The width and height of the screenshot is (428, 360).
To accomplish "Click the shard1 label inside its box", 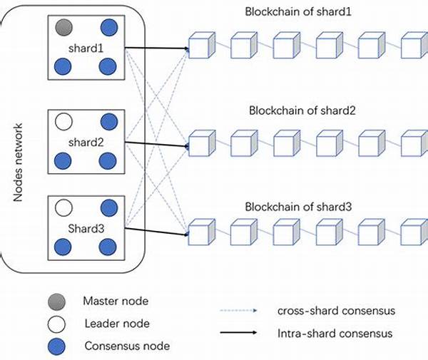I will pyautogui.click(x=87, y=48).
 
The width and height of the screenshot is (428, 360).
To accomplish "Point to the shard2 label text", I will pyautogui.click(x=87, y=141).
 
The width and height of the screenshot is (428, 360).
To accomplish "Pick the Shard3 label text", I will pyautogui.click(x=87, y=227).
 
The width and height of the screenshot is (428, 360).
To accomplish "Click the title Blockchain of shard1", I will pyautogui.click(x=300, y=12).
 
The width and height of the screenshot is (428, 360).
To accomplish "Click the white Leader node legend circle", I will pyautogui.click(x=56, y=324).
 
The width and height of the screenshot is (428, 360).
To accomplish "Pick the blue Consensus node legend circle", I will pyautogui.click(x=56, y=346).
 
